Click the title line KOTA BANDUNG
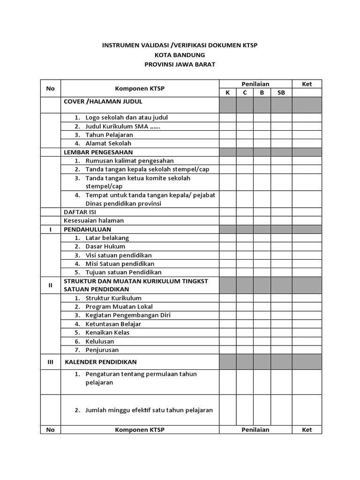pyautogui.click(x=180, y=55)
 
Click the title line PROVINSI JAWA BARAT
pyautogui.click(x=180, y=64)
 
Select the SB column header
pyautogui.click(x=281, y=93)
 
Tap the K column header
pyautogui.click(x=228, y=93)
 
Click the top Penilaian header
pyautogui.click(x=255, y=84)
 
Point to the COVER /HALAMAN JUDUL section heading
pyautogui.click(x=103, y=101)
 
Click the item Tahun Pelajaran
pyautogui.click(x=109, y=135)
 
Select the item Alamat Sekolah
pyautogui.click(x=108, y=143)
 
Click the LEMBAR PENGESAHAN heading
pyautogui.click(x=98, y=152)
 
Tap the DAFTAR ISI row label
pyautogui.click(x=80, y=212)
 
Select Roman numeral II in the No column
pyautogui.click(x=51, y=285)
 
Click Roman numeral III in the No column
pyautogui.click(x=51, y=362)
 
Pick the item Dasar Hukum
pyautogui.click(x=105, y=247)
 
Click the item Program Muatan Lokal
pyautogui.click(x=119, y=307)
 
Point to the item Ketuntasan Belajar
pyautogui.click(x=113, y=324)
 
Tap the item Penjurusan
pyautogui.click(x=102, y=350)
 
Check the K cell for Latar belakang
pyautogui.click(x=228, y=238)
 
